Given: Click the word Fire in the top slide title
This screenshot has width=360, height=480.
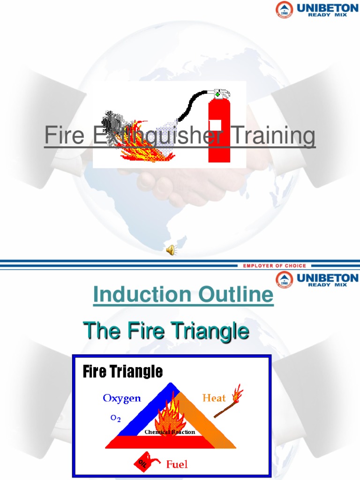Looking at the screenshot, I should click(64, 136).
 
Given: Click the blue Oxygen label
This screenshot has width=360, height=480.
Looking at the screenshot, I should click(122, 398).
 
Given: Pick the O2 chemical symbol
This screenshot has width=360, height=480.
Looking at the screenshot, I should click(115, 419).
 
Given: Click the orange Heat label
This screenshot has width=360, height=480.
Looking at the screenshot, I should click(214, 398).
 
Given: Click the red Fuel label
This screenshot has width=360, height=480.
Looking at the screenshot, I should click(177, 464).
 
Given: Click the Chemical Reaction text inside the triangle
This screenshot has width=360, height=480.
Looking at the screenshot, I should click(170, 432).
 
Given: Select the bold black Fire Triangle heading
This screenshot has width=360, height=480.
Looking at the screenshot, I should click(123, 372).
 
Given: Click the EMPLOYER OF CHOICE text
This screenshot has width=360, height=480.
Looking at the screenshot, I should click(274, 266).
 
